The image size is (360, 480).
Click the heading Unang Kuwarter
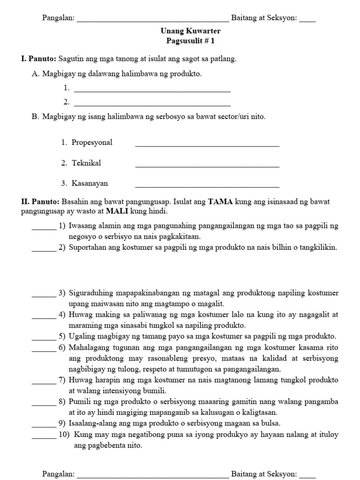tap(191, 31)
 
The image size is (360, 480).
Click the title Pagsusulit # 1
tap(191, 41)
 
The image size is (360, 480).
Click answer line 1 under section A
tap(152, 90)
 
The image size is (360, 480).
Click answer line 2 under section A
tap(152, 105)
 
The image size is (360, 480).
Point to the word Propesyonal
tap(92, 142)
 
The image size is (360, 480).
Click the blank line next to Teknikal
tap(207, 165)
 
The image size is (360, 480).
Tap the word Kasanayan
tap(90, 183)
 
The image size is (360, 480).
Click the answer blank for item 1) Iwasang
tap(44, 229)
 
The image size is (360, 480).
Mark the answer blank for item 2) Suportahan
tap(44, 250)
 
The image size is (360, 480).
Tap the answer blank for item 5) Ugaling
tap(44, 339)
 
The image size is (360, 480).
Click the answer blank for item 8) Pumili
tap(44, 405)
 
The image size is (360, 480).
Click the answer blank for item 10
tap(44, 437)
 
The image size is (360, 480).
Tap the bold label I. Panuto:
tap(38, 59)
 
